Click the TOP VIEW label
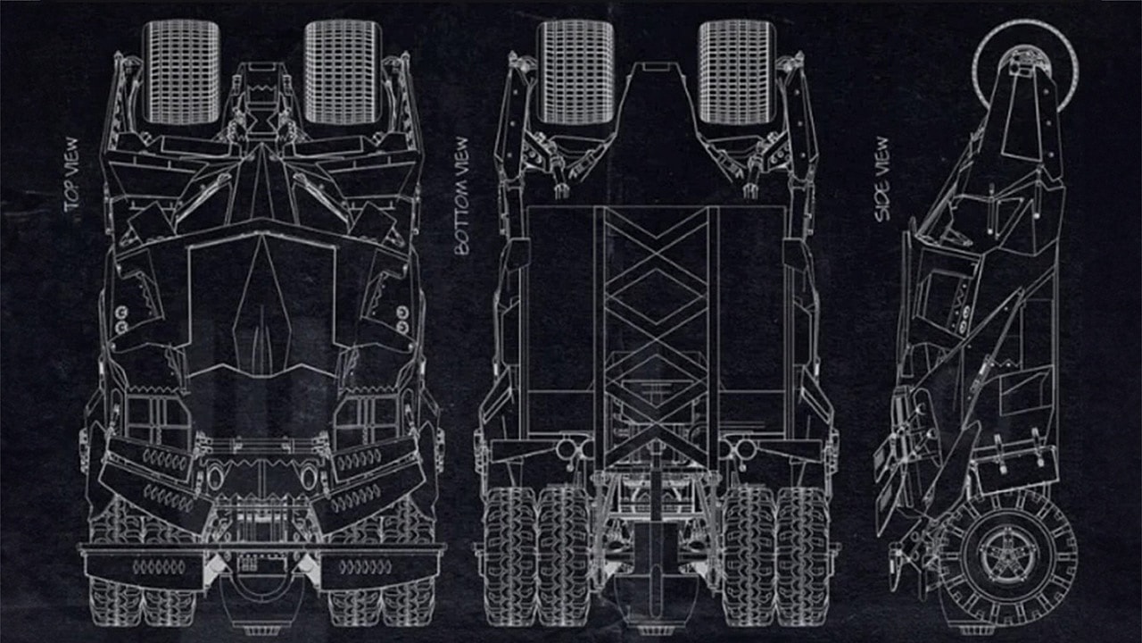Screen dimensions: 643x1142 pyautogui.click(x=72, y=174)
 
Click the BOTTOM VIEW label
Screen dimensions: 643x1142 pyautogui.click(x=461, y=196)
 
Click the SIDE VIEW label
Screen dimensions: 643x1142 pyautogui.click(x=882, y=179)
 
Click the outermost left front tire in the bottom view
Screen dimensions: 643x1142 pyautogui.click(x=509, y=554)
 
